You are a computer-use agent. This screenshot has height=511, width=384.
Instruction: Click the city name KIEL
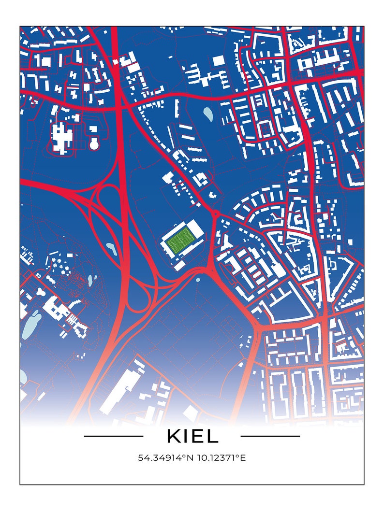(192, 436)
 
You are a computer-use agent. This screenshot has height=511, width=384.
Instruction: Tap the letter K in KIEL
(173, 436)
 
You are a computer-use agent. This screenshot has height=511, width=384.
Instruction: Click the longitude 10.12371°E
(221, 457)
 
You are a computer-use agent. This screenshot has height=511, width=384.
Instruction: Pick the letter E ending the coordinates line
(243, 457)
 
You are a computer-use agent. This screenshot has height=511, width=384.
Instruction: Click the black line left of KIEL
(113, 436)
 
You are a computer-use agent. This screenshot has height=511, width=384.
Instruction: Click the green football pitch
(179, 239)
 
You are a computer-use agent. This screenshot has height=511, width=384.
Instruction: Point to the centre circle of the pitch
(179, 239)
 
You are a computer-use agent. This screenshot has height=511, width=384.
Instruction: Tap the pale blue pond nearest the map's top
(208, 114)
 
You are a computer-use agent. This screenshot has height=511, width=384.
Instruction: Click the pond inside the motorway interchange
(111, 249)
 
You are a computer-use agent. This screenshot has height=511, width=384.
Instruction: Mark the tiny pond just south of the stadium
(197, 279)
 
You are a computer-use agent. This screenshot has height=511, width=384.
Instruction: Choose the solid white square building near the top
(219, 60)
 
